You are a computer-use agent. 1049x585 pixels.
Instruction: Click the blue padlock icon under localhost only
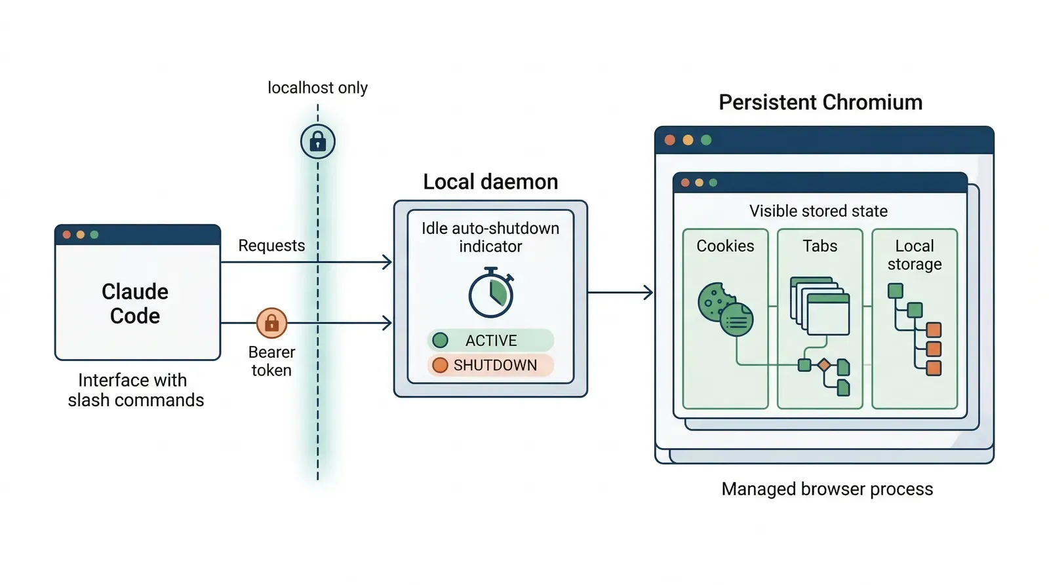(x=318, y=142)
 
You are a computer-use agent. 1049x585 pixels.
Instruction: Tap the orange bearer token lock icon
(x=271, y=323)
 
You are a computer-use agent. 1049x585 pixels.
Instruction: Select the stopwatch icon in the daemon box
(x=490, y=293)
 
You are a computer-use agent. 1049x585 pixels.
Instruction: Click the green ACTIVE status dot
(x=441, y=341)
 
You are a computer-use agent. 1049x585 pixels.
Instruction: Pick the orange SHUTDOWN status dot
(x=441, y=365)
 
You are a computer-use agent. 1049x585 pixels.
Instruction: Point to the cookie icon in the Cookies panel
(x=717, y=303)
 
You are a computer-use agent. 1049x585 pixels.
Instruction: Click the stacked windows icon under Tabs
(x=820, y=306)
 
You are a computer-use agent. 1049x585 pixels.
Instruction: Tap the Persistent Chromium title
(x=820, y=102)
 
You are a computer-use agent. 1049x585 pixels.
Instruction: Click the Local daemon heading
(x=490, y=181)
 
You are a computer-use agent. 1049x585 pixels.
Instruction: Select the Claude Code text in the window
(x=135, y=303)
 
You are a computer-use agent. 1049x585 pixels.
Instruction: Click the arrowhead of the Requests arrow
(x=387, y=262)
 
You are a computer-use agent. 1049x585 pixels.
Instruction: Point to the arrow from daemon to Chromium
(x=620, y=292)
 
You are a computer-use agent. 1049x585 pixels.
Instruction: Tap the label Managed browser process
(x=827, y=489)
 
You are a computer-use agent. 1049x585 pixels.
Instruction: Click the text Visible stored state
(x=818, y=211)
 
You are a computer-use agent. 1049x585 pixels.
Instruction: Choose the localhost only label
(x=317, y=88)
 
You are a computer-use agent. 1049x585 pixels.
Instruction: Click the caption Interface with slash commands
(x=135, y=390)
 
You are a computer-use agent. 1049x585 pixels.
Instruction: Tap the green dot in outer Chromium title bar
(x=706, y=140)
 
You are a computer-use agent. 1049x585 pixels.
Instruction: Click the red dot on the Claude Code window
(x=66, y=235)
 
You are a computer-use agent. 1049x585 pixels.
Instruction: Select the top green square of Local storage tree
(x=896, y=291)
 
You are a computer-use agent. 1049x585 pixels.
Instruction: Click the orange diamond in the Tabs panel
(x=824, y=365)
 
